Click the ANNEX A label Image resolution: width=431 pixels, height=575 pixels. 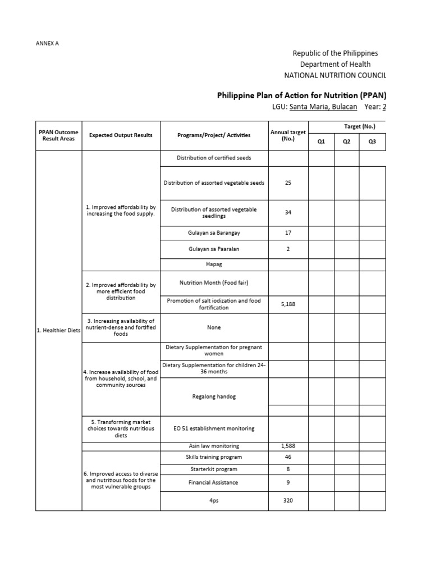(x=47, y=43)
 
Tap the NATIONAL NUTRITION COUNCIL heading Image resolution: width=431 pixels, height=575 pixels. (x=335, y=75)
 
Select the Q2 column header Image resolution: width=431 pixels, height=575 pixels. (x=347, y=142)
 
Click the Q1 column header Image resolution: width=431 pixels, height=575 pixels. (x=321, y=142)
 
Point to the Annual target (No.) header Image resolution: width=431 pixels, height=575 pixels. (x=288, y=135)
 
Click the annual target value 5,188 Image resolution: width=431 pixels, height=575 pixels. (x=288, y=304)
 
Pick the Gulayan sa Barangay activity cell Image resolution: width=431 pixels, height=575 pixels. (x=214, y=232)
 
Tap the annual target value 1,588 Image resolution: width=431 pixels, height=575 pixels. (x=288, y=446)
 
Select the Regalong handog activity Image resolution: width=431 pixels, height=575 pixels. (x=214, y=396)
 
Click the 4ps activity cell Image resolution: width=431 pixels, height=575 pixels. (x=214, y=500)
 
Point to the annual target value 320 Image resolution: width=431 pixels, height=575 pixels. (x=288, y=500)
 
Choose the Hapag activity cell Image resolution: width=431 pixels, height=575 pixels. (x=214, y=263)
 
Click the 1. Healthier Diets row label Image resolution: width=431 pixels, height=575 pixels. (x=58, y=330)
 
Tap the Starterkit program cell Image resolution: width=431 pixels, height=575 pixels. (x=214, y=469)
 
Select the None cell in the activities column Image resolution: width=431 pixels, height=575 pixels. (x=214, y=327)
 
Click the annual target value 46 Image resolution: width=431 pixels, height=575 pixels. (x=288, y=457)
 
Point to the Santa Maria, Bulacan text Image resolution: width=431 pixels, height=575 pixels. (x=323, y=107)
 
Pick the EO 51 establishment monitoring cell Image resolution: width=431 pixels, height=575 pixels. (x=214, y=428)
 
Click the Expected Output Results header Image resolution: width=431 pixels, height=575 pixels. (x=121, y=135)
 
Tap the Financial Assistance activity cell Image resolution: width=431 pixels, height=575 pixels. (x=214, y=482)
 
